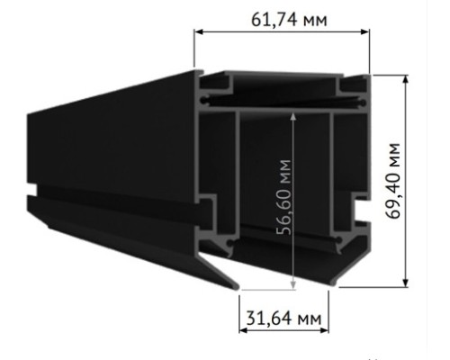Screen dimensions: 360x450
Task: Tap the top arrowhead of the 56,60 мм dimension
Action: pos(293,115)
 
